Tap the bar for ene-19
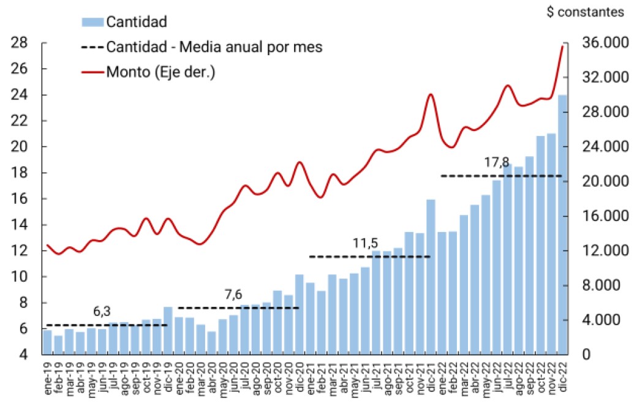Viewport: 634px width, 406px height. (x=47, y=342)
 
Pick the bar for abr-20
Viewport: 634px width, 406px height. (x=211, y=343)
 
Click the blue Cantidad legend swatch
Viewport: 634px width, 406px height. (x=92, y=22)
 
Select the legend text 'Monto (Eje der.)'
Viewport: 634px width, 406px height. (x=160, y=72)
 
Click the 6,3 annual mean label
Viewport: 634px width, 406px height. (x=102, y=310)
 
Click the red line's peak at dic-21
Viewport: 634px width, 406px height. (x=431, y=94)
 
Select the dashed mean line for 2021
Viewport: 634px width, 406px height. (x=370, y=257)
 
